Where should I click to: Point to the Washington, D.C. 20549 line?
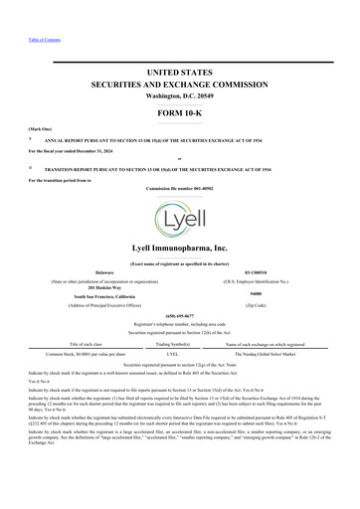179,96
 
